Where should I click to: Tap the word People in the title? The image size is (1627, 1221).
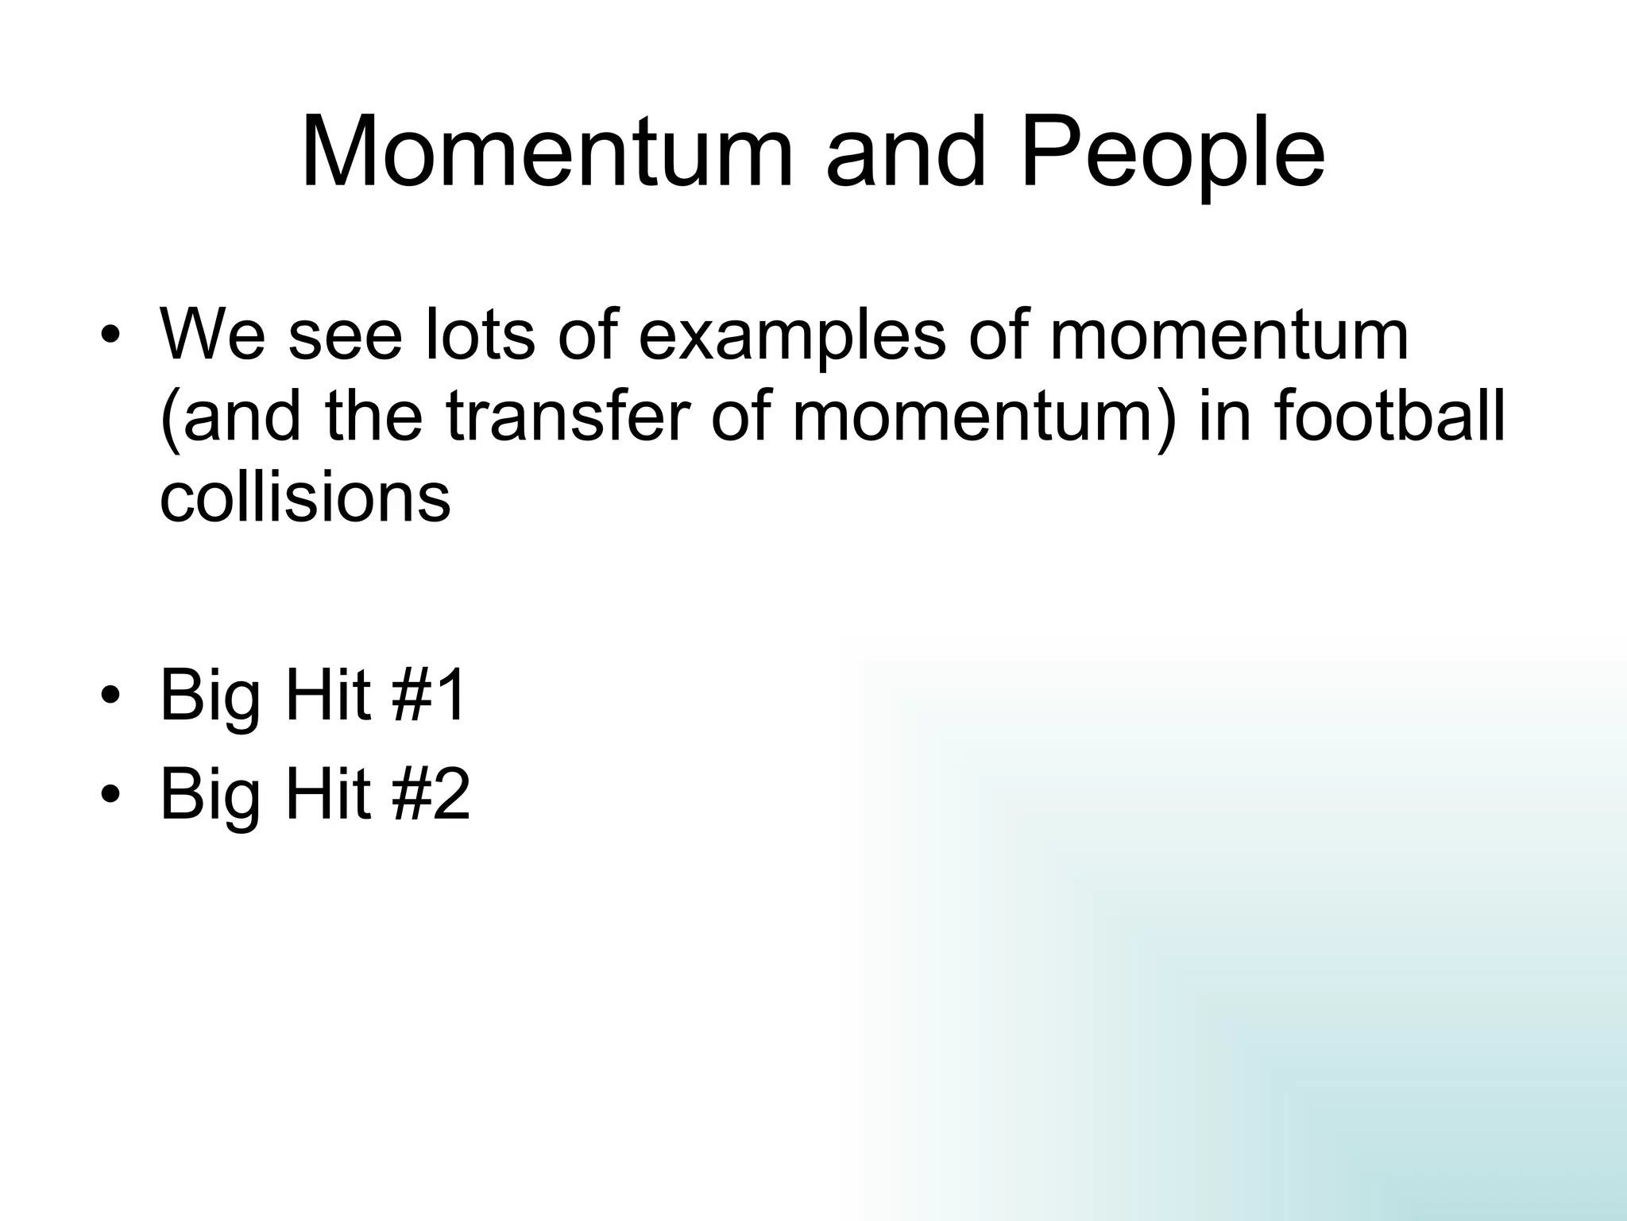[1173, 153]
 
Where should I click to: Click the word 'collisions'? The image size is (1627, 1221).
[305, 498]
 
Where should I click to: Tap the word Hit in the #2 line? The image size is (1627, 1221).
[327, 795]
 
